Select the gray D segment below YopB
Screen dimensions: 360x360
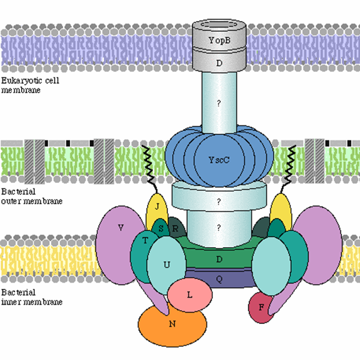click(x=220, y=62)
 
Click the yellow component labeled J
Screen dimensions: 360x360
click(x=156, y=207)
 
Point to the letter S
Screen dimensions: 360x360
click(x=160, y=227)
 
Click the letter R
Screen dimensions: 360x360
click(x=175, y=229)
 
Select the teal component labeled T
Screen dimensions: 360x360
click(x=144, y=241)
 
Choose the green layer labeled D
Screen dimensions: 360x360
click(x=220, y=259)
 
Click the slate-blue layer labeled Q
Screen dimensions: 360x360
click(x=220, y=278)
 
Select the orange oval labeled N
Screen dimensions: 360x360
click(x=173, y=324)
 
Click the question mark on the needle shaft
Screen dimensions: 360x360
click(x=220, y=103)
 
